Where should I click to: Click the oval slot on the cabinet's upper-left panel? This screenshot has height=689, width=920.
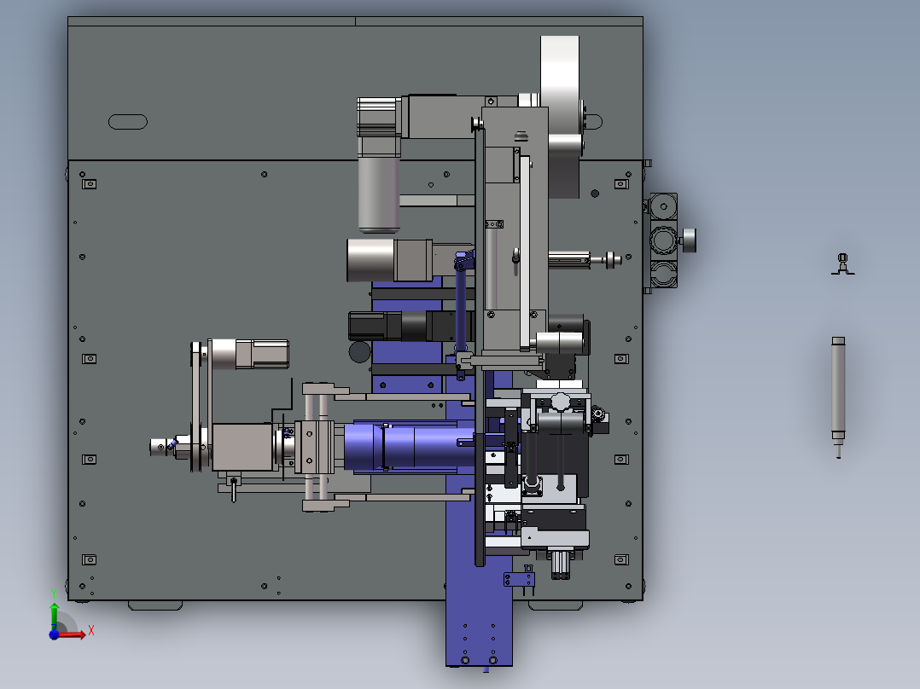(128, 122)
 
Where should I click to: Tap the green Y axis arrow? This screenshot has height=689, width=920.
(54, 615)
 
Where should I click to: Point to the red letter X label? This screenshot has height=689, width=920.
(91, 631)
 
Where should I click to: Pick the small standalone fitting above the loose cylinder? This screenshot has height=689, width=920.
(843, 263)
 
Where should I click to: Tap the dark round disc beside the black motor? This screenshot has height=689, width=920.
(359, 352)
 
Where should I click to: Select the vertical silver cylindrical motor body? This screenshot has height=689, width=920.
(379, 193)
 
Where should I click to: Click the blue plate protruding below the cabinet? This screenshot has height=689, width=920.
(479, 634)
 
